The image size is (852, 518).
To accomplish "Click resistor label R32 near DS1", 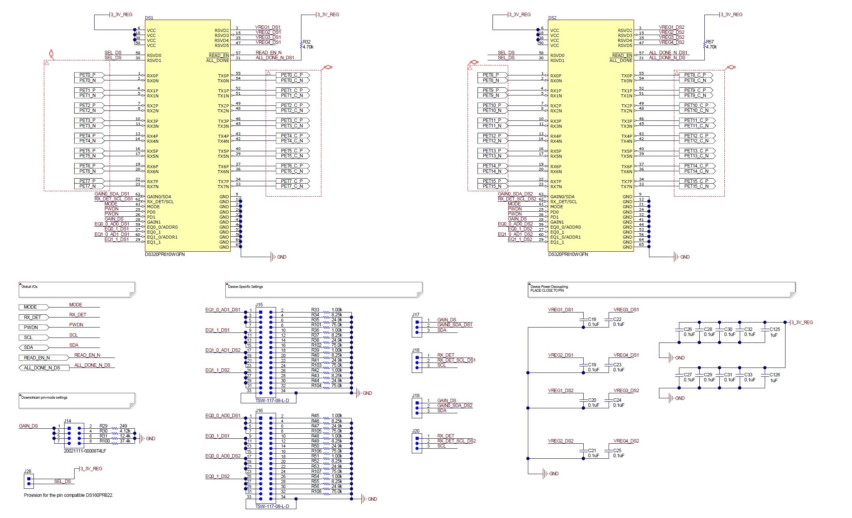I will (306, 42).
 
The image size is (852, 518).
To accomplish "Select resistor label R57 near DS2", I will (710, 42).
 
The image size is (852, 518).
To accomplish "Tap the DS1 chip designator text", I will (149, 18).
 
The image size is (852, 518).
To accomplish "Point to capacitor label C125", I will (774, 329).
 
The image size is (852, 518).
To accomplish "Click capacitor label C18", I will (592, 319).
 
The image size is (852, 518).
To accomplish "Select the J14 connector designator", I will (67, 421).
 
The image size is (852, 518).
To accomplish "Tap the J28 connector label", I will (27, 471).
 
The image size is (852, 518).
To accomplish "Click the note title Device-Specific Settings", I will (245, 287).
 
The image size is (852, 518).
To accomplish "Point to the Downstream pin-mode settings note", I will (44, 398).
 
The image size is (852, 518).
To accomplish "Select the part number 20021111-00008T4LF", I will (85, 451).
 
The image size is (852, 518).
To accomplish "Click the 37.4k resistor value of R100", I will (125, 441).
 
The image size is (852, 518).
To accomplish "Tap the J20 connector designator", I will (416, 431).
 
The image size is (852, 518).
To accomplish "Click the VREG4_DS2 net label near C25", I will (626, 441).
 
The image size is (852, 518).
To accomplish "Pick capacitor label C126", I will (774, 375).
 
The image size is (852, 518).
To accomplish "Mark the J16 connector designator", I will (259, 411).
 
